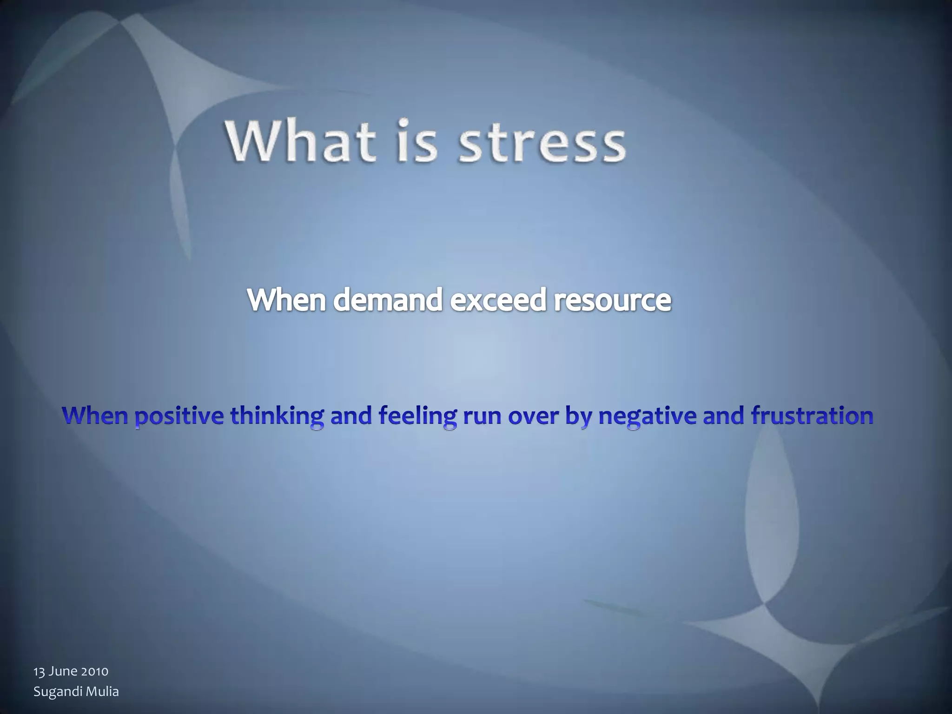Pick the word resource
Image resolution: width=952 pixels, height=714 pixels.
612,301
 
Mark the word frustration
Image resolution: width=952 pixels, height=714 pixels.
812,415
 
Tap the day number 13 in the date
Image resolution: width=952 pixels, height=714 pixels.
39,671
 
